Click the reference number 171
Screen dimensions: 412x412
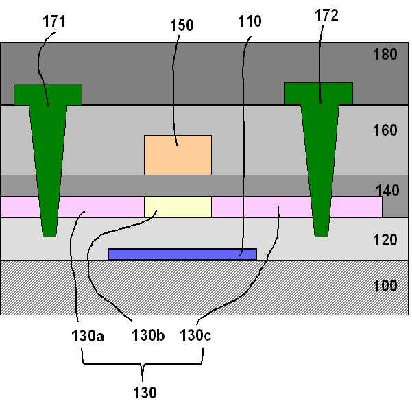point(53,21)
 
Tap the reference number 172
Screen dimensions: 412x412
point(326,16)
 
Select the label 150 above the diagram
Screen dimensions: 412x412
point(181,26)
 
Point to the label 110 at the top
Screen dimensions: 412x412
point(249,21)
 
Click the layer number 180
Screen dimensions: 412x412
point(385,54)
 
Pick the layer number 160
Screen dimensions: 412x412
point(385,130)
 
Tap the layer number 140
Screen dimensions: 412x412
point(387,191)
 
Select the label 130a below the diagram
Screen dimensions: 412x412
point(87,336)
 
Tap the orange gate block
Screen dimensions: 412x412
point(178,154)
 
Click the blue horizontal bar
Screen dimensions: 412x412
point(182,254)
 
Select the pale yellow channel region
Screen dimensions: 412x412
point(178,206)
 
